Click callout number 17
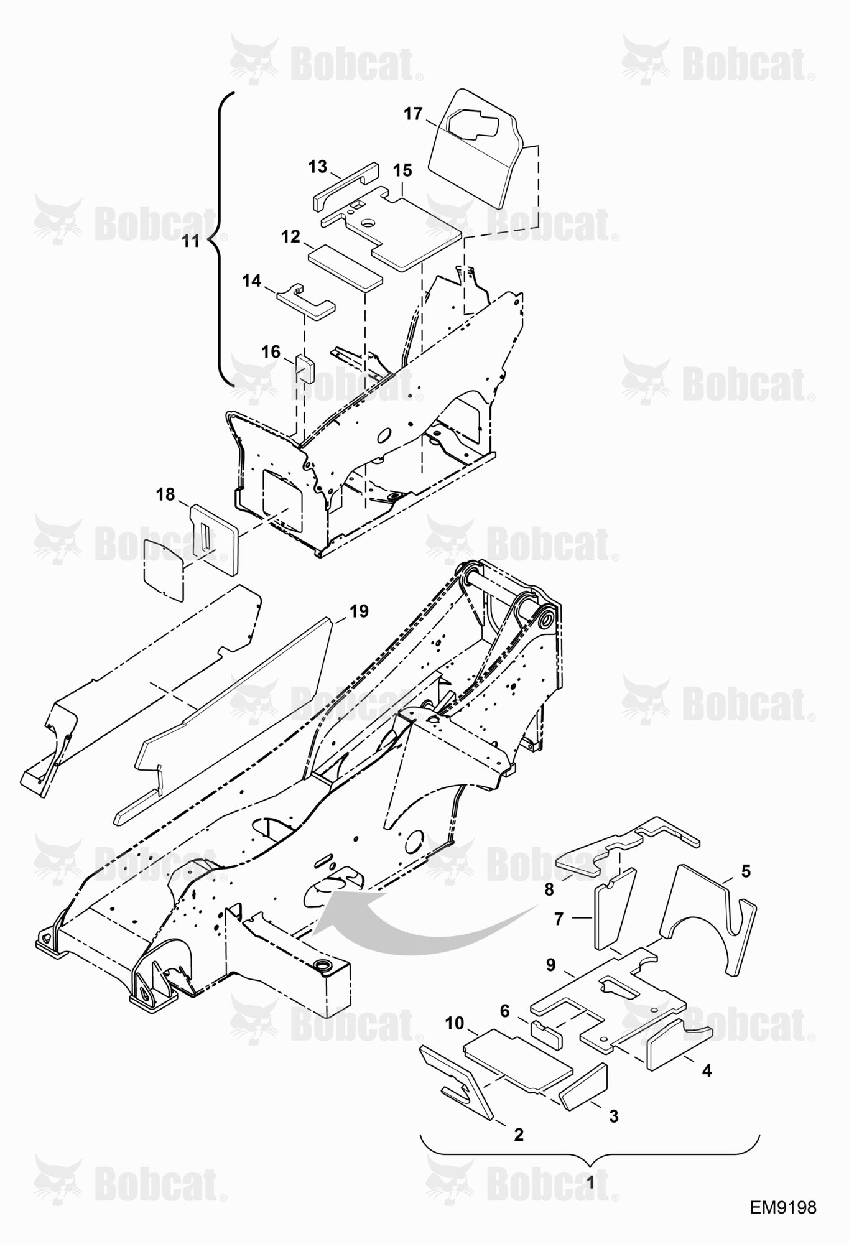413,114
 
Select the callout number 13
317,167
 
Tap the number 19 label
358,611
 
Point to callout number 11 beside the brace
191,241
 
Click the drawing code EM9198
782,1207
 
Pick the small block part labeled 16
305,367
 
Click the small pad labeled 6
546,1033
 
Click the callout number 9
551,982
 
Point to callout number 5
746,870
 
